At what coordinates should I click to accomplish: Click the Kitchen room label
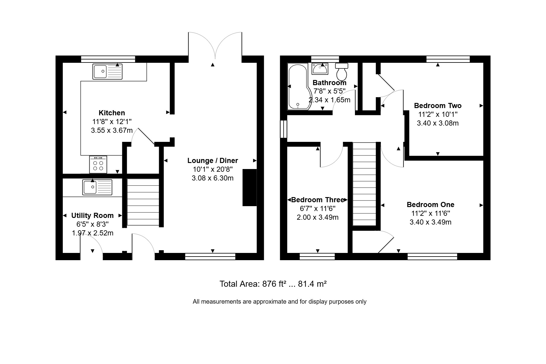[112, 113]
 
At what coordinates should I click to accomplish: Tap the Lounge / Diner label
[212, 161]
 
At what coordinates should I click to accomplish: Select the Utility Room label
[92, 216]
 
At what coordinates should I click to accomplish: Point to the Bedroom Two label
[438, 106]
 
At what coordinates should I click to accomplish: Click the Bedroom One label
[430, 205]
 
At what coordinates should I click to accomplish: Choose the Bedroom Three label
[318, 200]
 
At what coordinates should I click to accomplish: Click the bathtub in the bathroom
[299, 87]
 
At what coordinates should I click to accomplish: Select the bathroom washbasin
[320, 69]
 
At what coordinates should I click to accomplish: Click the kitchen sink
[107, 72]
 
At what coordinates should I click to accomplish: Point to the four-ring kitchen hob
[98, 164]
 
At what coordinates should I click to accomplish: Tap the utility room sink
[97, 187]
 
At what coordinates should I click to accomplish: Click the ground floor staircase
[143, 202]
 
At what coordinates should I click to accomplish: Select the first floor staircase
[364, 184]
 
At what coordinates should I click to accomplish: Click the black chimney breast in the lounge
[250, 188]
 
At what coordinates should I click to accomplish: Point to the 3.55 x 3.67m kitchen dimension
[112, 130]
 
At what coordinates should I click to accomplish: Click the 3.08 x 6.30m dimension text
[212, 178]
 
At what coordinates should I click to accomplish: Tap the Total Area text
[273, 284]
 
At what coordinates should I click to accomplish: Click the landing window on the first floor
[284, 129]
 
